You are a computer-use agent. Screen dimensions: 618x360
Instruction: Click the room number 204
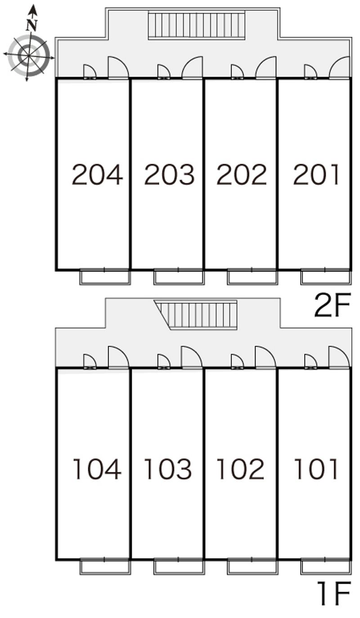click(x=97, y=175)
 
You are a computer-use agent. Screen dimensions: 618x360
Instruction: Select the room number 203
click(x=169, y=175)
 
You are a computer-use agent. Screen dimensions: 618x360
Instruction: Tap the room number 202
click(x=242, y=175)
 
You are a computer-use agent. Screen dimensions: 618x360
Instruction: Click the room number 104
click(x=97, y=469)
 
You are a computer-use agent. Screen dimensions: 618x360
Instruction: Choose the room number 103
click(x=168, y=469)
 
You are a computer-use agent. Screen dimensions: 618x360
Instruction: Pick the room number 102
click(x=240, y=469)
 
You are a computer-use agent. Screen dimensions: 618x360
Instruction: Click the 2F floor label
click(x=332, y=306)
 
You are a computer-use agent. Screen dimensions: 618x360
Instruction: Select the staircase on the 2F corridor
click(x=197, y=26)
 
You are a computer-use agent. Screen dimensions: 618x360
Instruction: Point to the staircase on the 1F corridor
click(x=198, y=315)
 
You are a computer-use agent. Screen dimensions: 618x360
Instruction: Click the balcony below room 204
click(x=105, y=277)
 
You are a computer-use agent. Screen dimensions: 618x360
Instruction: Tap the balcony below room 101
click(x=325, y=567)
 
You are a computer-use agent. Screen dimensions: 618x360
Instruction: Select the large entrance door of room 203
click(x=192, y=68)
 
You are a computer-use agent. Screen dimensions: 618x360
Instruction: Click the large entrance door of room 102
click(x=265, y=357)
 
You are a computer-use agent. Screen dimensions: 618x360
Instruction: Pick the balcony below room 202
click(x=252, y=277)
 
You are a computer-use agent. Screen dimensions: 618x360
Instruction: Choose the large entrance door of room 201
click(x=339, y=68)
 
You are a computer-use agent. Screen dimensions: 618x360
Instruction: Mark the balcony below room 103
click(x=179, y=567)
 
